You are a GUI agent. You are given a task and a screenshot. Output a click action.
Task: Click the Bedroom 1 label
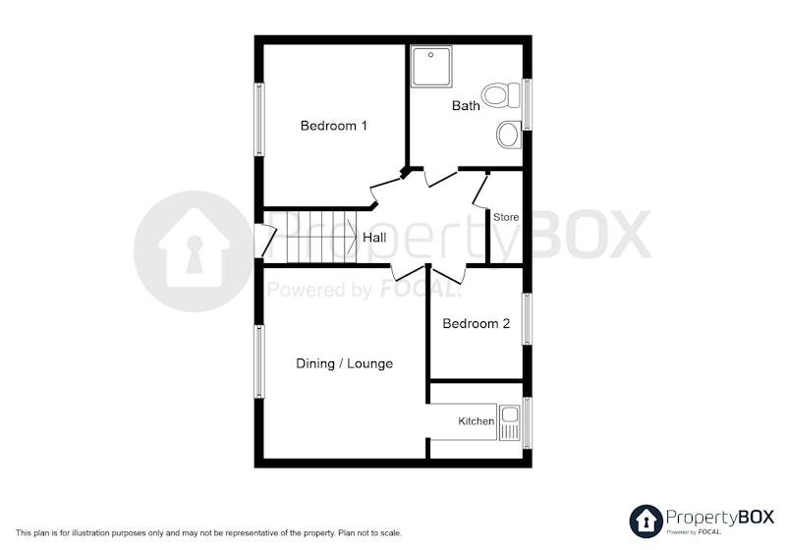[x=333, y=126]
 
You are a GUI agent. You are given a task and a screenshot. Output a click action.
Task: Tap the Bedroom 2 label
[x=476, y=323]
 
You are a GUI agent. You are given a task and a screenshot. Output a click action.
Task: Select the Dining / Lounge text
[x=345, y=363]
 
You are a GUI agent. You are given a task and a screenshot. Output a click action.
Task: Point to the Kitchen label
[x=476, y=421]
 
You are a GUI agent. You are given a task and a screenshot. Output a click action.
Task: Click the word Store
[x=506, y=217]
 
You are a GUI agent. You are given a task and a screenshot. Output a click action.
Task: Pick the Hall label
[x=374, y=238]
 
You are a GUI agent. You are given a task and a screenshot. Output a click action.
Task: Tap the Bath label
[x=466, y=106]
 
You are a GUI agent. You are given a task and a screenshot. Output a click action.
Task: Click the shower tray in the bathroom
[x=431, y=66]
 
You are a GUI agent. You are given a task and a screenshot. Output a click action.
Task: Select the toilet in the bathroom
[x=501, y=94]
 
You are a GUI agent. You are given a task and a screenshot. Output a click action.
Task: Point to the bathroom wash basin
[x=509, y=135]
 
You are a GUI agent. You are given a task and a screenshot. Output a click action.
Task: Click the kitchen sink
[x=509, y=422]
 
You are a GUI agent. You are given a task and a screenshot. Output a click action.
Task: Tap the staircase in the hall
[x=321, y=237]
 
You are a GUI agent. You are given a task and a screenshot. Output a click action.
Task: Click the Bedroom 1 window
[x=259, y=119]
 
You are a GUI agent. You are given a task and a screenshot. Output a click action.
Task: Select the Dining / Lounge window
[x=259, y=361]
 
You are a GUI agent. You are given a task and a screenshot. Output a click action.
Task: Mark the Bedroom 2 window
[x=527, y=319]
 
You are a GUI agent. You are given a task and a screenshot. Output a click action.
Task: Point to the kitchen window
[x=527, y=422]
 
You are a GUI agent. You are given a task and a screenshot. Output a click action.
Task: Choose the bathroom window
[x=527, y=104]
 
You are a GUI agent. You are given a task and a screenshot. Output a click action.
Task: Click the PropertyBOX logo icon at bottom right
[x=646, y=522]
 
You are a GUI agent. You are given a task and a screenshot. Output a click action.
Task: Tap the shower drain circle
[x=430, y=55]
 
